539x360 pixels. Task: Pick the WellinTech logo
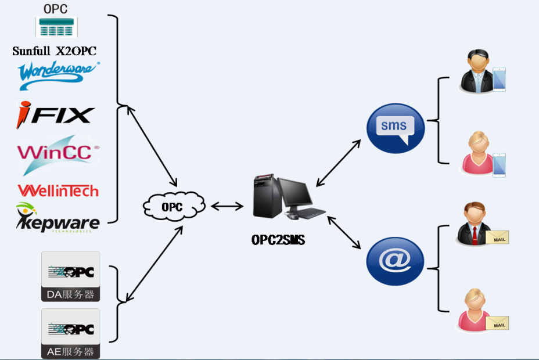[x=58, y=190]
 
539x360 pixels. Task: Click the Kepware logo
[x=58, y=218]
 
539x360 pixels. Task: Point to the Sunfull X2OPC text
[x=54, y=51]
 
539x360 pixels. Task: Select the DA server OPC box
[x=71, y=276]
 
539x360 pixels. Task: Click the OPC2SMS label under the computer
[x=278, y=240]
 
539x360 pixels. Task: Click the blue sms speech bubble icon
[x=396, y=128]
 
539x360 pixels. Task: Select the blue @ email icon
[x=395, y=261]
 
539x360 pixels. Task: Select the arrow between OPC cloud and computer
[x=227, y=206]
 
